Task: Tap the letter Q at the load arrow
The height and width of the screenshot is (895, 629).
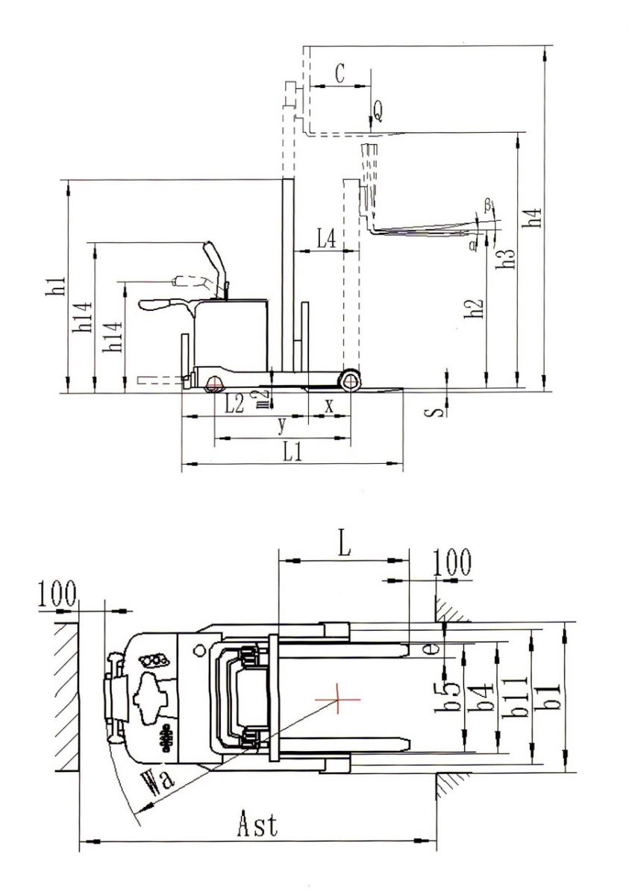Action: [379, 112]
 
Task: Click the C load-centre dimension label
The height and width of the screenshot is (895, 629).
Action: [339, 73]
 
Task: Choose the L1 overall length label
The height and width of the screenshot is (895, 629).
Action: [293, 452]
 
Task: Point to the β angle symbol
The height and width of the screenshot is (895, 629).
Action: [487, 203]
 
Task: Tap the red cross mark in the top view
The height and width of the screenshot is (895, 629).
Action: [337, 700]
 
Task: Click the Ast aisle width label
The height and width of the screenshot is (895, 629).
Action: [257, 826]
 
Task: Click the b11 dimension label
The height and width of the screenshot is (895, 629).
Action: [518, 697]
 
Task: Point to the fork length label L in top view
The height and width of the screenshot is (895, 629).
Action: [342, 544]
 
